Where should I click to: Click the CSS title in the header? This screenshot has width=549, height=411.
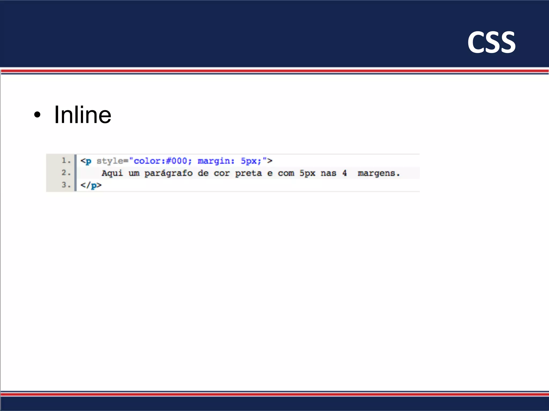point(491,42)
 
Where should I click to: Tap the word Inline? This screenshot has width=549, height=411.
point(82,115)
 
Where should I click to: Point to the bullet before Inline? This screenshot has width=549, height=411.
point(38,115)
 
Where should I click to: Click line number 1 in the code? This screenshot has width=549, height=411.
point(65,161)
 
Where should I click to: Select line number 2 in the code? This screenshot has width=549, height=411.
point(65,173)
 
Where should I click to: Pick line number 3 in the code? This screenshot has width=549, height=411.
point(65,185)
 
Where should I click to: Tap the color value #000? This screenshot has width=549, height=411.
point(176,161)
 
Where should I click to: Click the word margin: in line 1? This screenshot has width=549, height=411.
point(216,161)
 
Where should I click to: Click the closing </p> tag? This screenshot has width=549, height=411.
point(91,185)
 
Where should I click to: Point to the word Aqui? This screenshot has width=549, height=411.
point(112,173)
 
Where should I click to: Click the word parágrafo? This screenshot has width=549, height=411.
point(168,173)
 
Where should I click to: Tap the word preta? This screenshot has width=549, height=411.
point(248,173)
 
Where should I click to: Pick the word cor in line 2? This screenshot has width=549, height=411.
point(221,173)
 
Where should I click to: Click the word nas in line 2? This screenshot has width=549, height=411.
point(328,173)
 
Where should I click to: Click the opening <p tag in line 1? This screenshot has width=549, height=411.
point(86,161)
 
